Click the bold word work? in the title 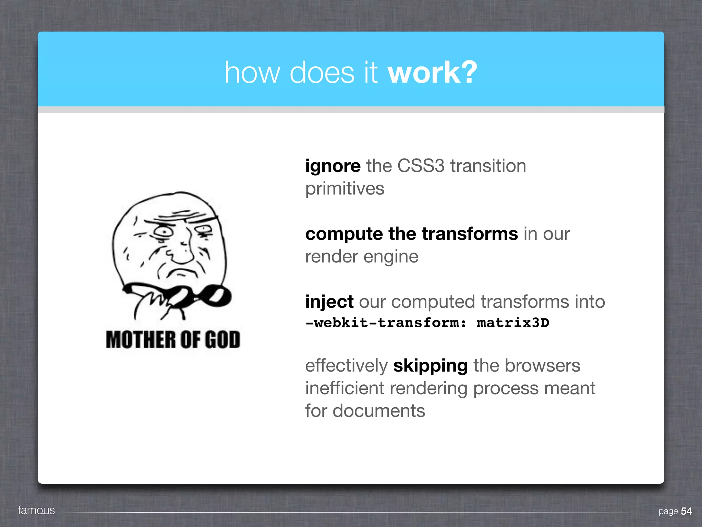coord(432,72)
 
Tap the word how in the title coord(252,72)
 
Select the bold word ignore coord(333,166)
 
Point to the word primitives coord(345,189)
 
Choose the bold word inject coord(329,302)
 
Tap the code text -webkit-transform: coord(386,323)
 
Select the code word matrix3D coord(513,323)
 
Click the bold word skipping coord(431,366)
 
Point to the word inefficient coord(345,388)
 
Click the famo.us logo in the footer coord(36,510)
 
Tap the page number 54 coord(686,511)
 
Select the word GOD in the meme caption coord(222,340)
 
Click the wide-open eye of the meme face coord(164,231)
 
